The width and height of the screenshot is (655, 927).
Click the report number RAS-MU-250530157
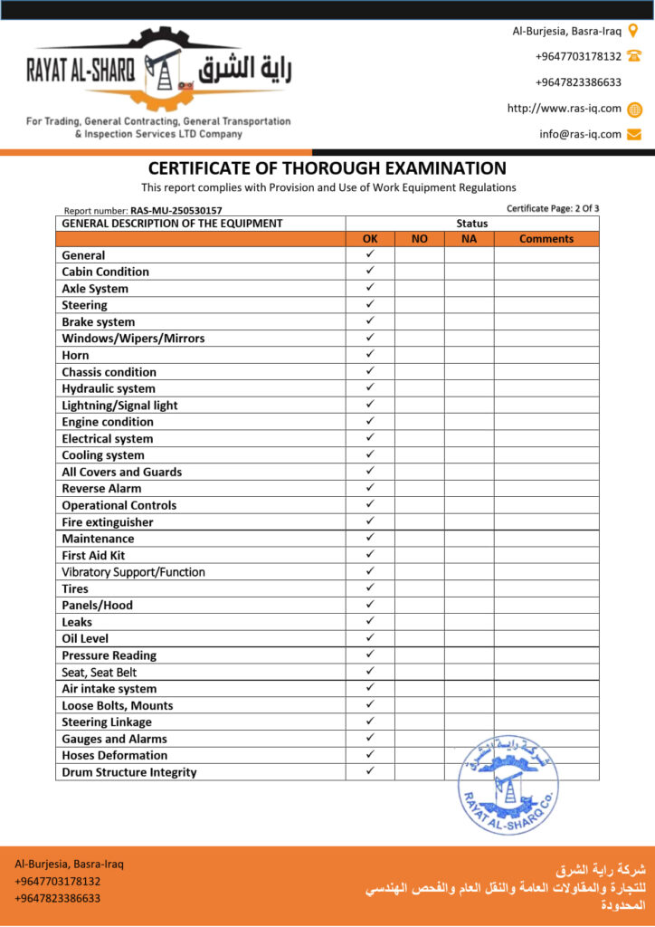pos(176,210)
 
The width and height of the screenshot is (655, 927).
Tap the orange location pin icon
pos(633,31)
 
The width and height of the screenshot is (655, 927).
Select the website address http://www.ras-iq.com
pos(564,109)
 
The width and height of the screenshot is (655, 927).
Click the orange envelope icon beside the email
pos(634,135)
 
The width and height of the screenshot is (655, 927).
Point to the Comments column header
pos(546,239)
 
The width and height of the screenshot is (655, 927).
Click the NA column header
pos(469,239)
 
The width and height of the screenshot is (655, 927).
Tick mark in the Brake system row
pos(370,321)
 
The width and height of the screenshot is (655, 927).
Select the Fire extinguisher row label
pos(108,522)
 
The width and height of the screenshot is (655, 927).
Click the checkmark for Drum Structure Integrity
pos(370,771)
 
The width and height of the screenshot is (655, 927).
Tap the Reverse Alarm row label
pos(101,489)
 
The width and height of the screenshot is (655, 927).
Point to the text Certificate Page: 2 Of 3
pos(553,209)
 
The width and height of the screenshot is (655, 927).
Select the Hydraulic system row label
pos(109,388)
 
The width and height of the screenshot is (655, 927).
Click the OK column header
pos(370,239)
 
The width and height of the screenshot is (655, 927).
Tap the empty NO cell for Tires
pos(419,588)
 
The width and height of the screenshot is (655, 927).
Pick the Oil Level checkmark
pos(370,638)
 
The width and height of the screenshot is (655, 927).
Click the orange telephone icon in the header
pos(633,56)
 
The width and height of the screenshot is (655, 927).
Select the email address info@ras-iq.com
pos(580,135)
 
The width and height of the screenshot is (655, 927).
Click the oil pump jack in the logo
pos(163,69)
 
